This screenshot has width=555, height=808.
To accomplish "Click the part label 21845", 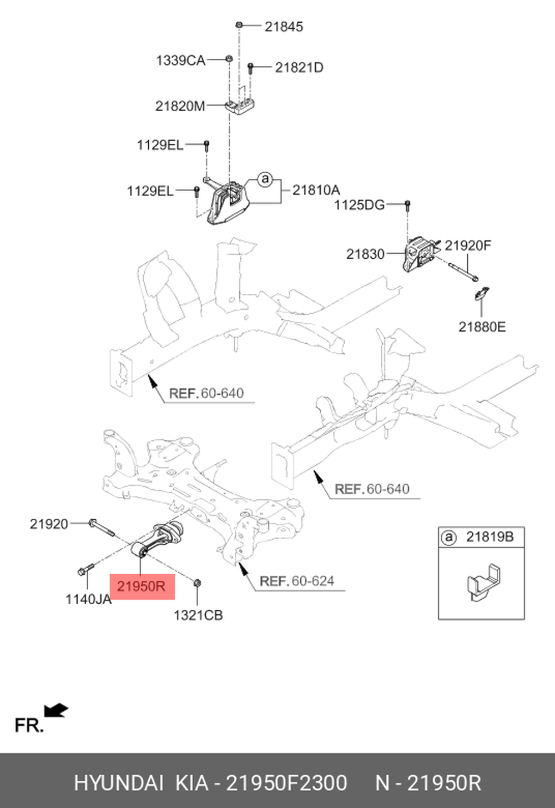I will click(x=284, y=27).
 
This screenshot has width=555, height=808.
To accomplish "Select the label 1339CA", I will click(x=180, y=61).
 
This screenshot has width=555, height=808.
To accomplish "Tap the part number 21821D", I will click(x=299, y=68).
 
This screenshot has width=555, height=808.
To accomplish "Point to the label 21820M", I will click(x=180, y=106).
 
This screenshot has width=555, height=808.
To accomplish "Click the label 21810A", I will click(x=316, y=190).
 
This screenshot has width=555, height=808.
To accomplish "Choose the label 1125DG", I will click(x=359, y=205).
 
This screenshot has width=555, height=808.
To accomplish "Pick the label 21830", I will click(x=365, y=254).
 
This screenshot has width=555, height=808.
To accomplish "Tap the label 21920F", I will click(x=468, y=245).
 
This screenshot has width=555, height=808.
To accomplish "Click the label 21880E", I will click(x=482, y=327).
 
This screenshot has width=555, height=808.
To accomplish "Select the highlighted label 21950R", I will click(x=142, y=586).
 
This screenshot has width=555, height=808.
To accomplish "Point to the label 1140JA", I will click(x=88, y=600).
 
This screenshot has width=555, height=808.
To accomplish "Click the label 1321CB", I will click(x=198, y=615).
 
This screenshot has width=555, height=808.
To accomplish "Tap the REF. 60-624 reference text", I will click(x=297, y=581).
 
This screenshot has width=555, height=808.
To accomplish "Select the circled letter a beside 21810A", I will click(x=265, y=179).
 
